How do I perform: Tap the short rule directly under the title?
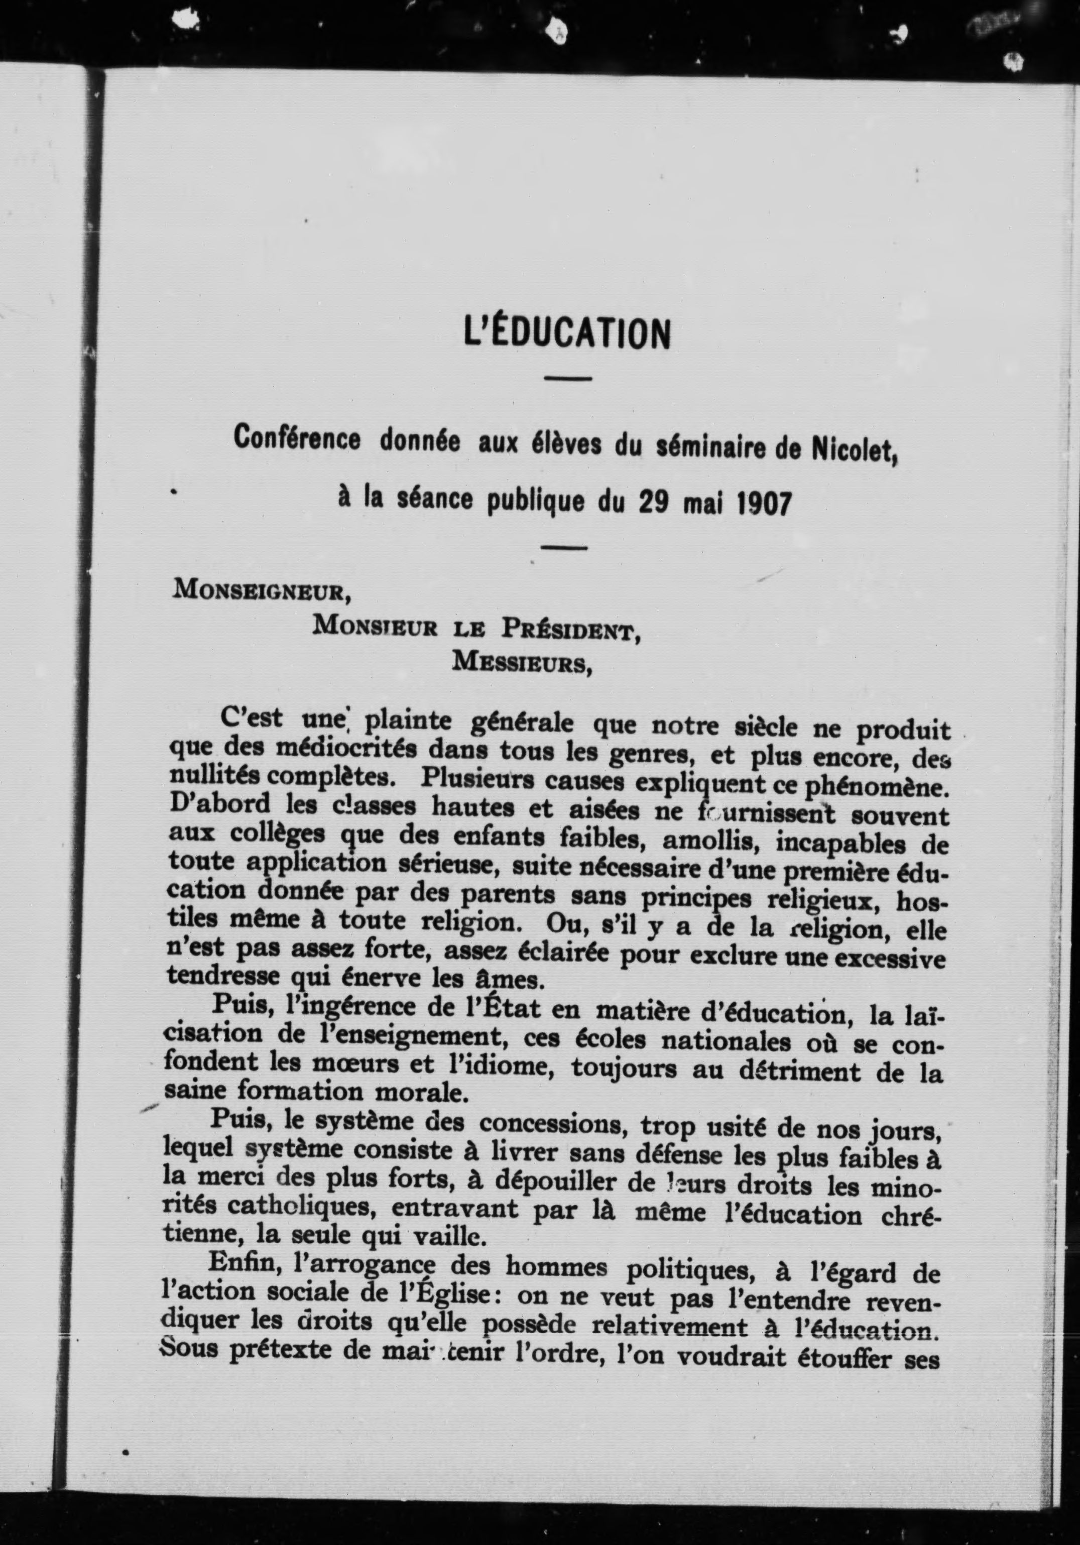click(567, 379)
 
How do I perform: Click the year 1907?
click(762, 503)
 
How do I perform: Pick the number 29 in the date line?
click(651, 503)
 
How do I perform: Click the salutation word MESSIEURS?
click(522, 662)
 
